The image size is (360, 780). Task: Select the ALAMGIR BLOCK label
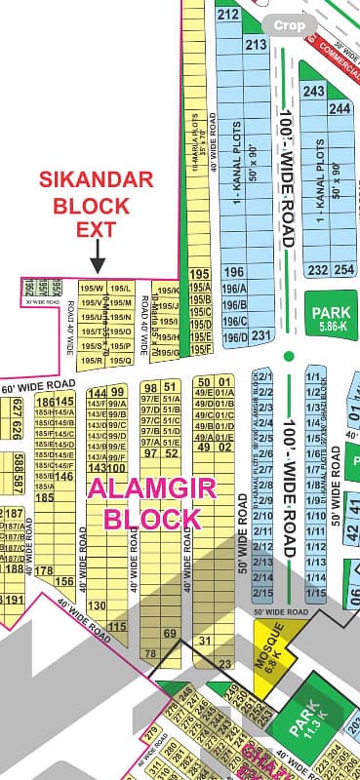point(145,502)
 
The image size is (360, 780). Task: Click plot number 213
point(256,46)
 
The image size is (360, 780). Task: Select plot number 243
point(313,91)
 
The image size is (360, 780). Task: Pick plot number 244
point(340,108)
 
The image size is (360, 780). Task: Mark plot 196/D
point(234,337)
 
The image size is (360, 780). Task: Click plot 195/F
point(200,349)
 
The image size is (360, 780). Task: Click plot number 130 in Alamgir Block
point(96,605)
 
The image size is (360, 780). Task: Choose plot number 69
point(169,635)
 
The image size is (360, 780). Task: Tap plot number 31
point(204,640)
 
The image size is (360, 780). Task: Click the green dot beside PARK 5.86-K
point(288,356)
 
